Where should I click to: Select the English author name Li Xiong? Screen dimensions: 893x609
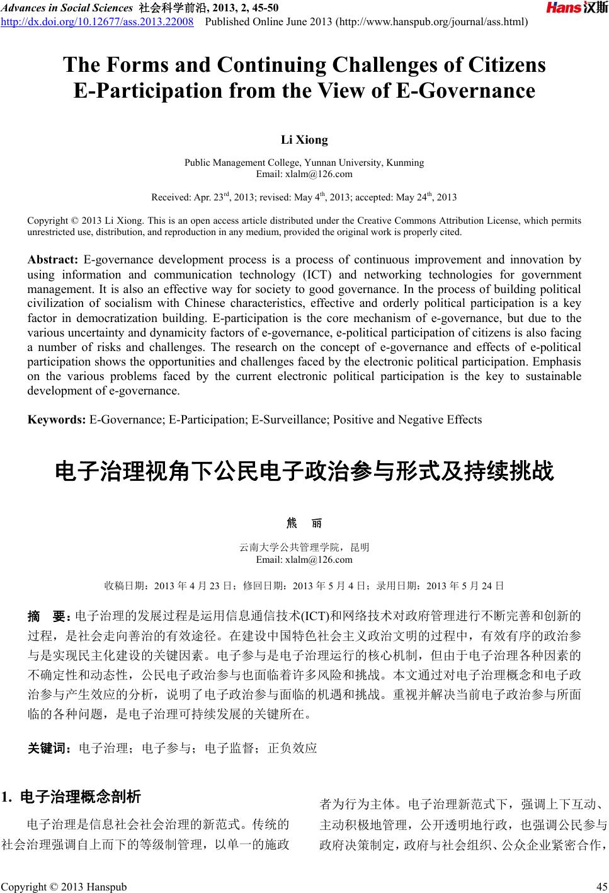304,140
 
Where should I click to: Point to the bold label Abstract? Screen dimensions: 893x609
53,260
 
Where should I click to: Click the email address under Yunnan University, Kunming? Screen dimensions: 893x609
304,174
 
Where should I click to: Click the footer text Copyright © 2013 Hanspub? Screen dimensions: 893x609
64,887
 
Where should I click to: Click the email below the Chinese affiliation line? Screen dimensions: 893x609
304,560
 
